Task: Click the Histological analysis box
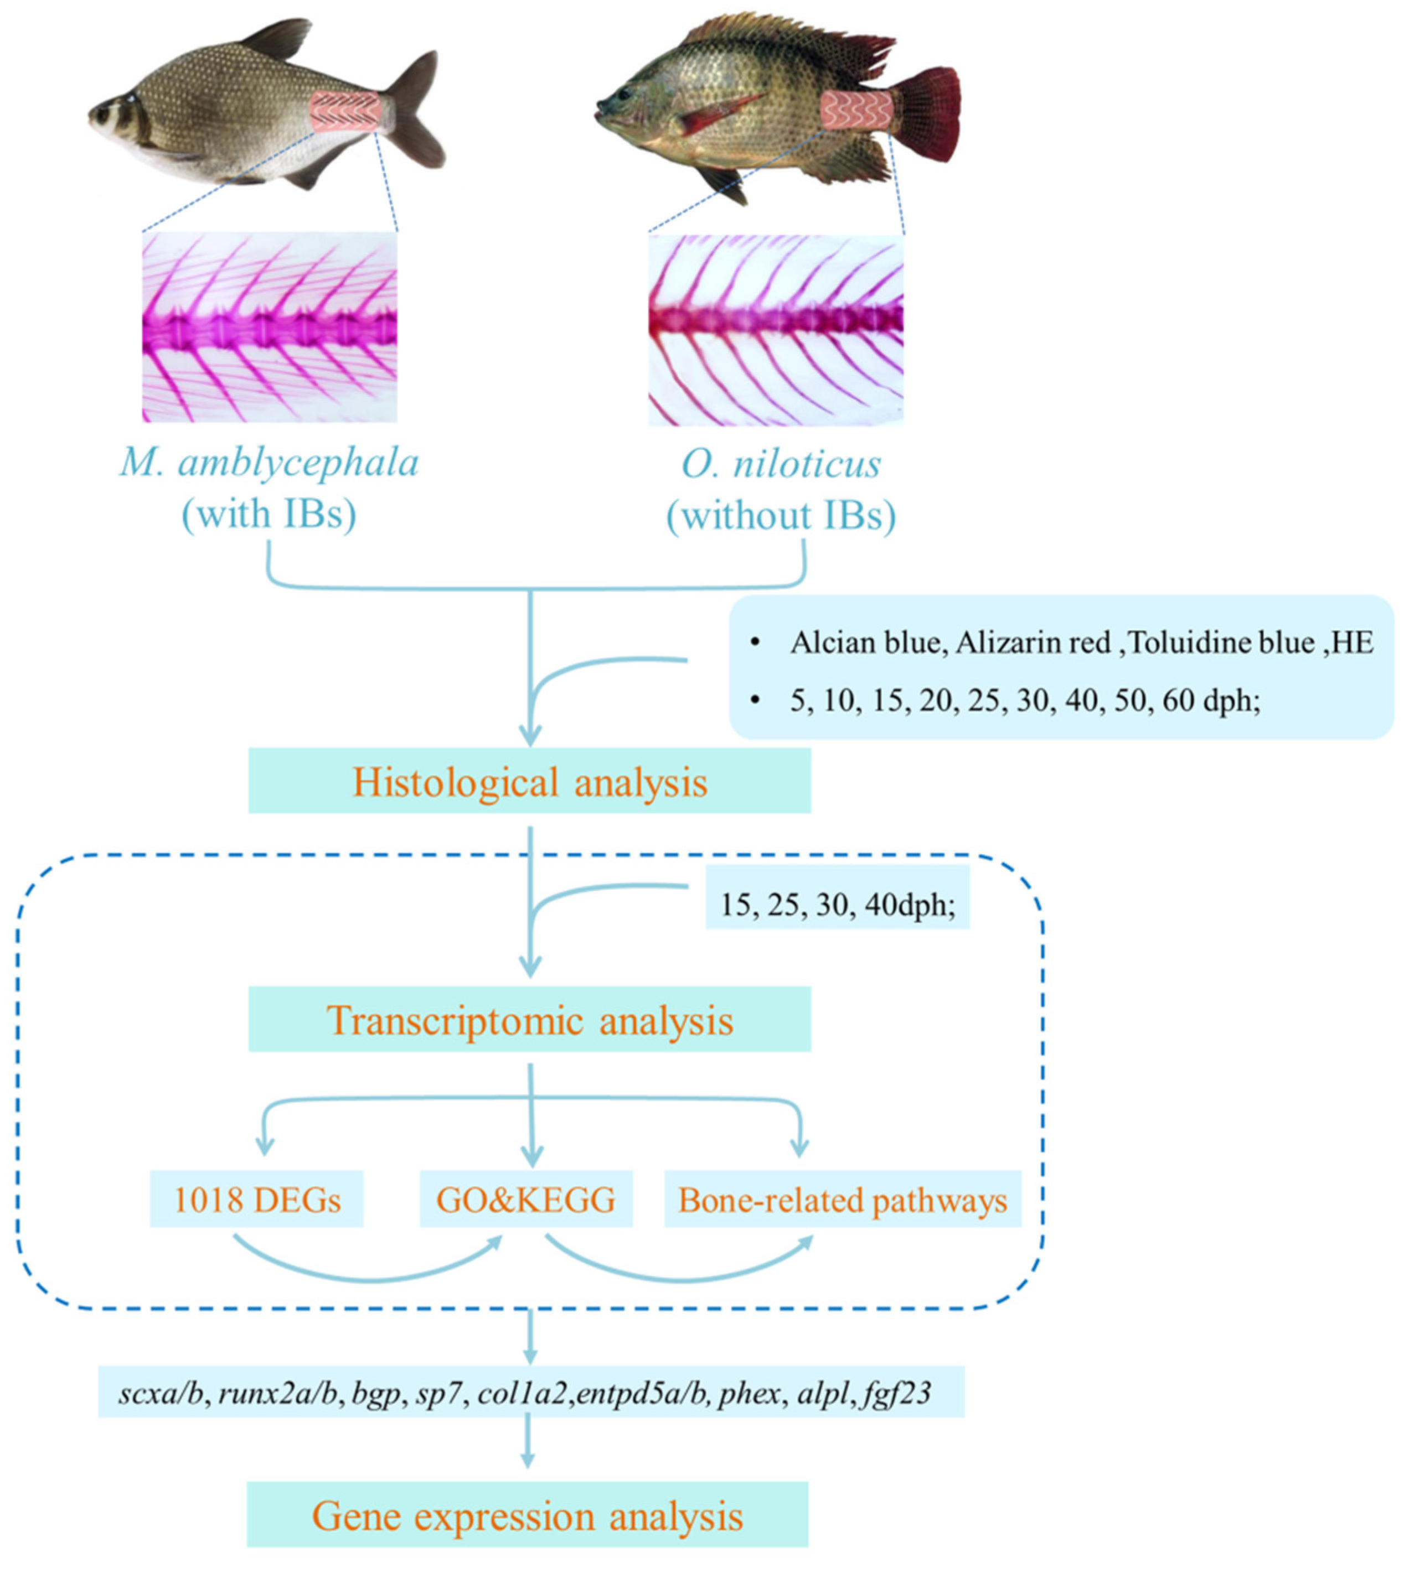[x=529, y=781]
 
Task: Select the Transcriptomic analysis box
[x=529, y=1019]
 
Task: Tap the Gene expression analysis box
[x=527, y=1515]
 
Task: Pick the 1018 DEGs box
[x=256, y=1200]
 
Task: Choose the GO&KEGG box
[x=525, y=1200]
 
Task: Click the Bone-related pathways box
[x=842, y=1200]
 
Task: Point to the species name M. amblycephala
[x=269, y=463]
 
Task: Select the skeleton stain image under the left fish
[x=270, y=326]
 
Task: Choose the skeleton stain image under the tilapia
[x=776, y=330]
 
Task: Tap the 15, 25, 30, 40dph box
[x=837, y=904]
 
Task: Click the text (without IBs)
[x=781, y=515]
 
